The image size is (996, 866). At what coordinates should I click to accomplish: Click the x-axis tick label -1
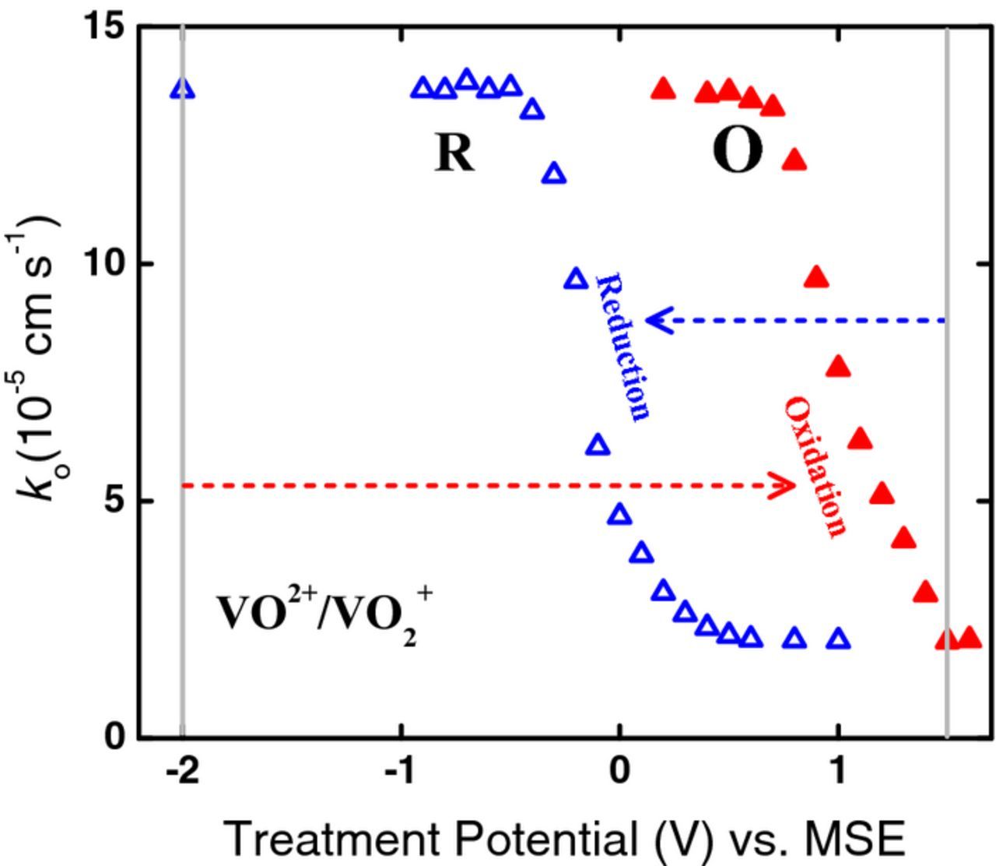coord(401,772)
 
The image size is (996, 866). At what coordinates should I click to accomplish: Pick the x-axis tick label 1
coord(838,772)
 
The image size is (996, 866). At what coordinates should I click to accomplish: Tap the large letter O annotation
coord(737,151)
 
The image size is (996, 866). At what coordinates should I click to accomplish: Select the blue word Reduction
coord(622,347)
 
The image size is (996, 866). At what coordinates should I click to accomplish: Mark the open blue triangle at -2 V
coord(182,89)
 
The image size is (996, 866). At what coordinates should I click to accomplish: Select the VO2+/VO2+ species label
coord(324,614)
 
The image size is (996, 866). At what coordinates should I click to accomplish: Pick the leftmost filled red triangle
coord(663,89)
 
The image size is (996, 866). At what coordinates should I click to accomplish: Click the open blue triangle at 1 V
coord(838,639)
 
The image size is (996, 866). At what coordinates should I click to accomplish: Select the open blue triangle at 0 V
coord(619,514)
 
